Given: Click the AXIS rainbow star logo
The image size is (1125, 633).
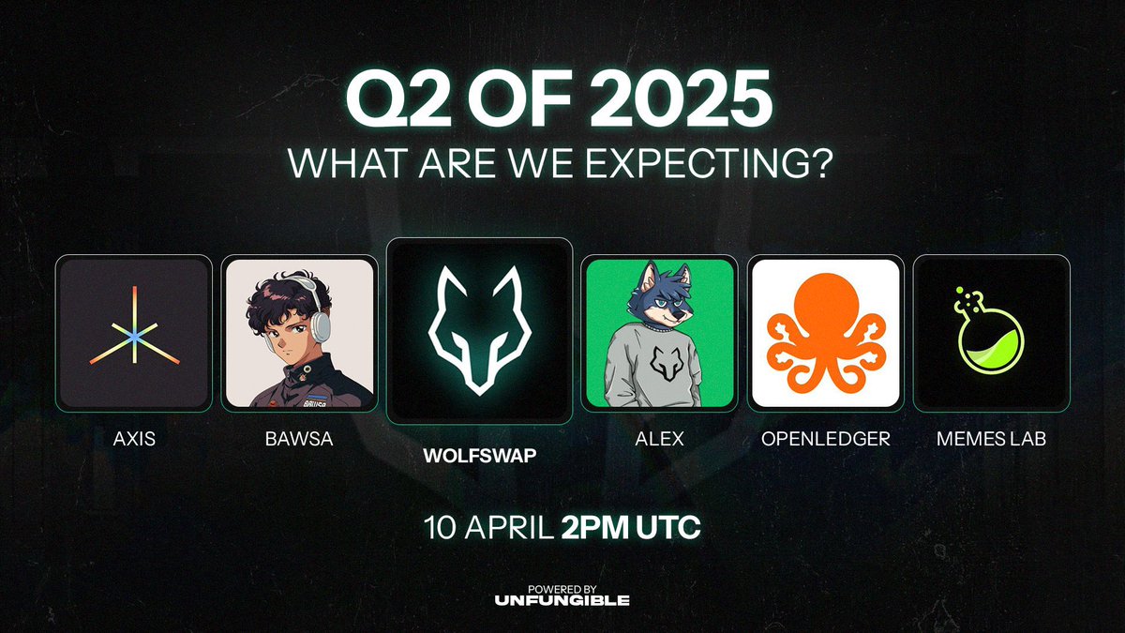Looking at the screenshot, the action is pos(135,325).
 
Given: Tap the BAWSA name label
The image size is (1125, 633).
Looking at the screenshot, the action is pos(299,439).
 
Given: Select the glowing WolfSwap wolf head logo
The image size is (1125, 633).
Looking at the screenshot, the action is pos(479,330).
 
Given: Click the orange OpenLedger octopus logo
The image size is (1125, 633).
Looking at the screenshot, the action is pos(826,333).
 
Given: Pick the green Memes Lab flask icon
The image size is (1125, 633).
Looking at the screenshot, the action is pos(988,330).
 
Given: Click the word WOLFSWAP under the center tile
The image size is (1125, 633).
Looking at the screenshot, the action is pos(480,456).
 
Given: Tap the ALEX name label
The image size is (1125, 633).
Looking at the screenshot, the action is pos(659,439).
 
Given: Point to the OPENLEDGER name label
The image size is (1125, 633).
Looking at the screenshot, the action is pos(826,439).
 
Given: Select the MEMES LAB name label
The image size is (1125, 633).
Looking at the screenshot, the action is pos(992,439).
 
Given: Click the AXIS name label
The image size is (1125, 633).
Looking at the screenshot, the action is pos(134,439).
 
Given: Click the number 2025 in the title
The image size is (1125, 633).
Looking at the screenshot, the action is pos(682,98).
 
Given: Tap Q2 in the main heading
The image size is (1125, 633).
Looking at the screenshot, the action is pos(398,99).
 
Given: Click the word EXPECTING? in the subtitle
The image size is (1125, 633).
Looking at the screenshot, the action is pos(709,162).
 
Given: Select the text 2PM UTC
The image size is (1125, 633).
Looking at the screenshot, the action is pos(631,527).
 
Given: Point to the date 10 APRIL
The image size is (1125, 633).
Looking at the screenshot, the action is pos(488,527).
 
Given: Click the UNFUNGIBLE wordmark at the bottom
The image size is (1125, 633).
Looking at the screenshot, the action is pos(562,600).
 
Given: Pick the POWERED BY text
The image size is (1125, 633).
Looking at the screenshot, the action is pos(562,589).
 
